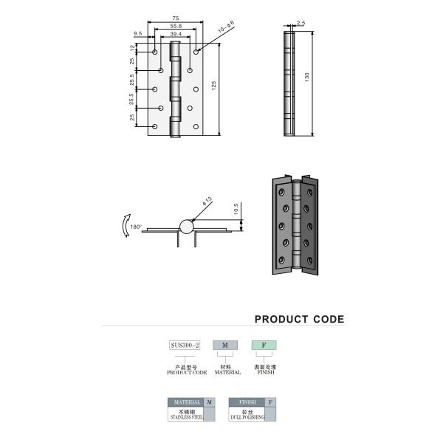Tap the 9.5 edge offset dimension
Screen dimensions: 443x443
[x=138, y=34]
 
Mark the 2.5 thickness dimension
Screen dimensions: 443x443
[x=301, y=22]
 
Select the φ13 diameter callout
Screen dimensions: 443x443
[x=207, y=201]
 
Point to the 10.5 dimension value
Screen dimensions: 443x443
[x=236, y=210]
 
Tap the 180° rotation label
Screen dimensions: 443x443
[x=135, y=227]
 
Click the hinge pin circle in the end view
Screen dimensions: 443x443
[x=185, y=228]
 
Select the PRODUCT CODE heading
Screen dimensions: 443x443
[x=299, y=320]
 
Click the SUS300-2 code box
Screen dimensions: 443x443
[x=185, y=345]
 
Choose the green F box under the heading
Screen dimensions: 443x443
[x=264, y=345]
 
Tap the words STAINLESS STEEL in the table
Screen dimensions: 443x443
[x=186, y=417]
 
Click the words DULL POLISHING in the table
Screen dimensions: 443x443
[x=247, y=417]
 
